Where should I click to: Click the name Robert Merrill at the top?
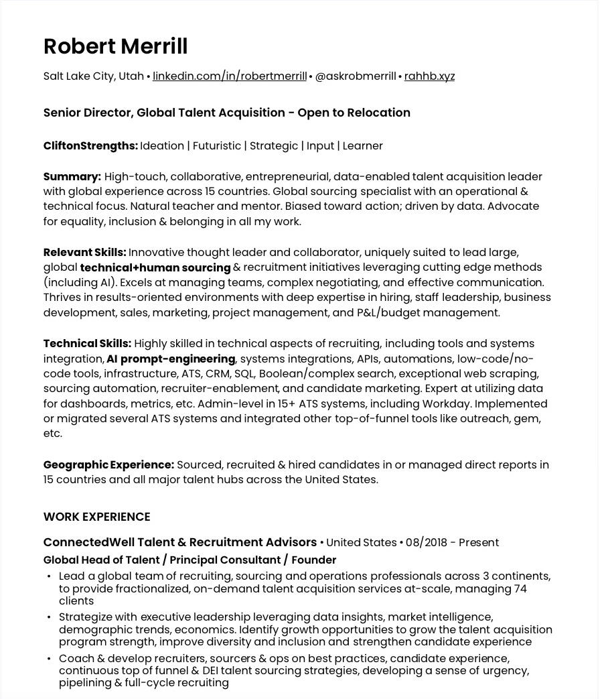point(115,46)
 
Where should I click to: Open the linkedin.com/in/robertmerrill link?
point(229,76)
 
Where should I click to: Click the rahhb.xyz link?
point(429,76)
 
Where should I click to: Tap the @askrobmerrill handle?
point(355,76)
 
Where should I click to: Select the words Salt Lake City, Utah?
point(93,76)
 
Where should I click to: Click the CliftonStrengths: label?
point(90,146)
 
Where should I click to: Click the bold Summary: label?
point(72,177)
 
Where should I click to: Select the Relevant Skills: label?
point(84,253)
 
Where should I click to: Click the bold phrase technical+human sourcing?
point(155,268)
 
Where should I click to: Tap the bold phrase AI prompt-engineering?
point(171,359)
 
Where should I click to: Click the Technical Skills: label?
point(87,344)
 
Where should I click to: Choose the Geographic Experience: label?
point(108,465)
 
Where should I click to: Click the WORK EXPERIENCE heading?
point(96,517)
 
